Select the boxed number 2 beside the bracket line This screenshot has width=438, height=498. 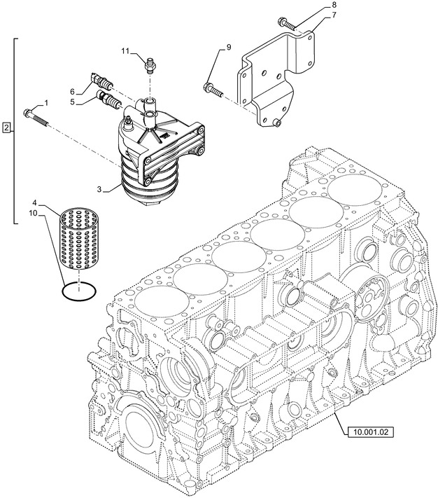point(7,128)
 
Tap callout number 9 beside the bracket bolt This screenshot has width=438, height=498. point(227,48)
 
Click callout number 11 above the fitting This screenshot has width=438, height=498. point(125,51)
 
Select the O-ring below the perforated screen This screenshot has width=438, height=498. point(79,289)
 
